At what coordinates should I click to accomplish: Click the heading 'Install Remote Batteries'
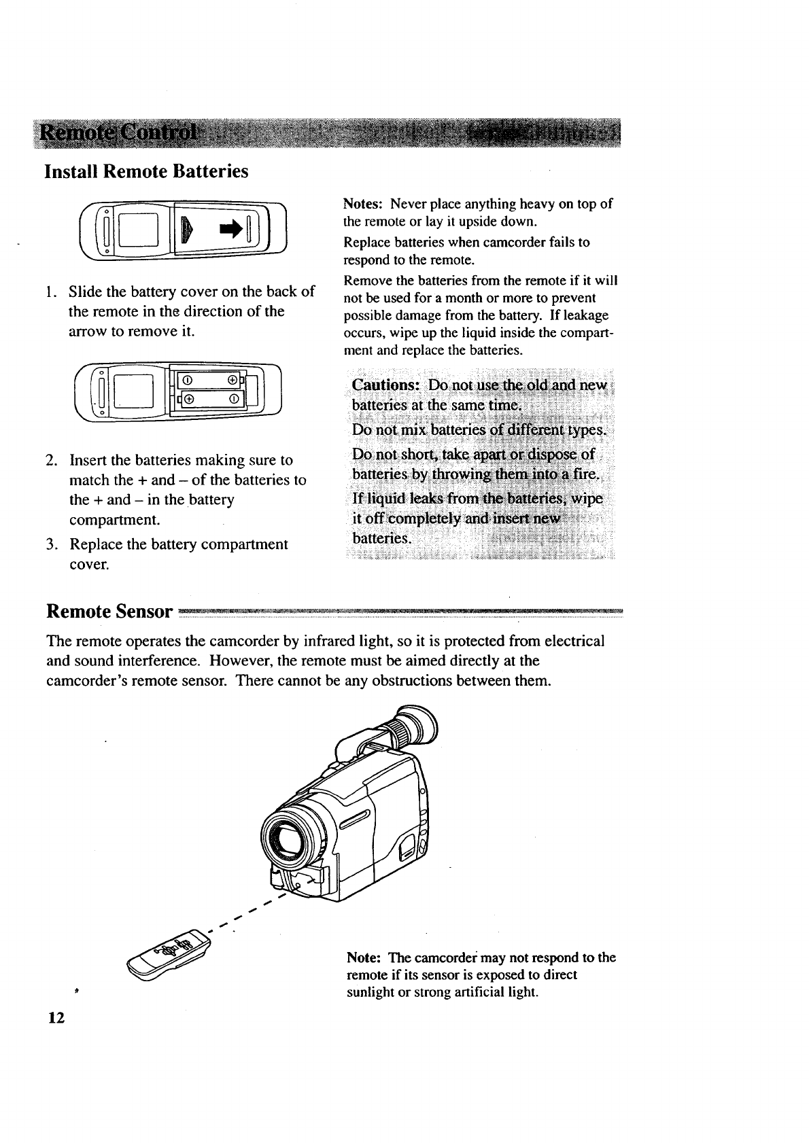pyautogui.click(x=146, y=171)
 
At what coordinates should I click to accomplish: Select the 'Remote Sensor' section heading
pyautogui.click(x=109, y=612)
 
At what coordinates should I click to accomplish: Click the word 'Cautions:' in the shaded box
pyautogui.click(x=385, y=385)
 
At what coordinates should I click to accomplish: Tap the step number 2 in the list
pyautogui.click(x=51, y=461)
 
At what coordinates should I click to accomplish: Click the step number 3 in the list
pyautogui.click(x=51, y=545)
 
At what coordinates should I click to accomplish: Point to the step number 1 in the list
pyautogui.click(x=51, y=292)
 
